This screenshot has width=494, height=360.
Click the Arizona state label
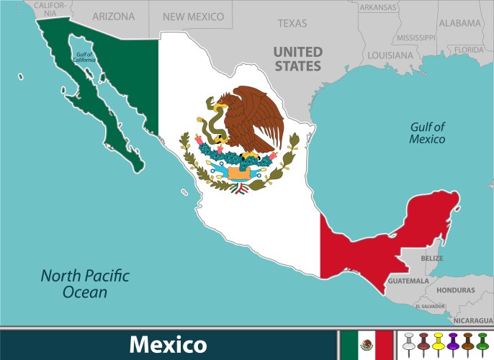coord(113,16)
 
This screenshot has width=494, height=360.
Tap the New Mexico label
coord(193,16)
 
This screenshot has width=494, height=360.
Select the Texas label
coord(292,23)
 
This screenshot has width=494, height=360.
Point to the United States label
coord(297,58)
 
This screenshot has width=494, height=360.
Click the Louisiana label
coord(390,55)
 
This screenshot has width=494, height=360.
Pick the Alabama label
coord(459,23)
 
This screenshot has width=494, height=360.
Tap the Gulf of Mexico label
coord(427,133)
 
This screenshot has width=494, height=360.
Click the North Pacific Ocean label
coord(84,284)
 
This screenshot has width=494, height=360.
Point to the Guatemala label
coord(408,280)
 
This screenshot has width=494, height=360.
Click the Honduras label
coord(455,289)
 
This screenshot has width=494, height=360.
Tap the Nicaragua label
coord(473,319)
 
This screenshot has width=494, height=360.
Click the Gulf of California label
coord(84,56)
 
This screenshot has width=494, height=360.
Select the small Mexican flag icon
coord(367,345)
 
